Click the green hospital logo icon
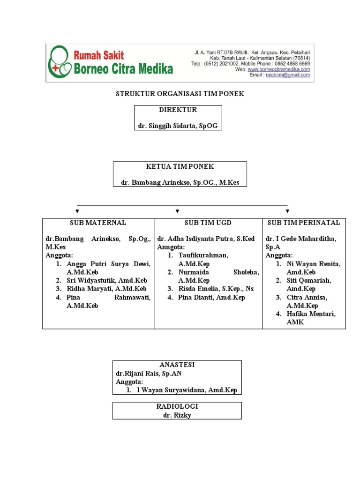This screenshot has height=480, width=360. click(60, 62)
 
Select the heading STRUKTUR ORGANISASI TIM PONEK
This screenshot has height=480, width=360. click(180, 94)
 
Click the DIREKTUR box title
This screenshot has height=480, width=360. click(178, 110)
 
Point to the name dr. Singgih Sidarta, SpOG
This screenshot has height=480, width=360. click(178, 126)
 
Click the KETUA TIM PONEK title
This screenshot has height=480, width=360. click(180, 166)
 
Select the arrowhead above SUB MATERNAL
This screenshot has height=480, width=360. click(77, 211)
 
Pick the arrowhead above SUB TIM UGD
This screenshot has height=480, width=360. click(178, 211)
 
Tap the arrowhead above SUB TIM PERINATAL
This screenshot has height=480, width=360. click(287, 211)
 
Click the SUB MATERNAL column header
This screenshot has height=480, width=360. click(98, 223)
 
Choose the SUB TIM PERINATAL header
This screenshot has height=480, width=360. click(304, 223)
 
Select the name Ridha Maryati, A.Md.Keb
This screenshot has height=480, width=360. click(107, 289)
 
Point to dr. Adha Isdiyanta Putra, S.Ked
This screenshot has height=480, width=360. click(206, 239)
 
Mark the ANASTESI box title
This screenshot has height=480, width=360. click(177, 365)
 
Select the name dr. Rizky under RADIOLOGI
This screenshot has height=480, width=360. click(177, 414)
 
